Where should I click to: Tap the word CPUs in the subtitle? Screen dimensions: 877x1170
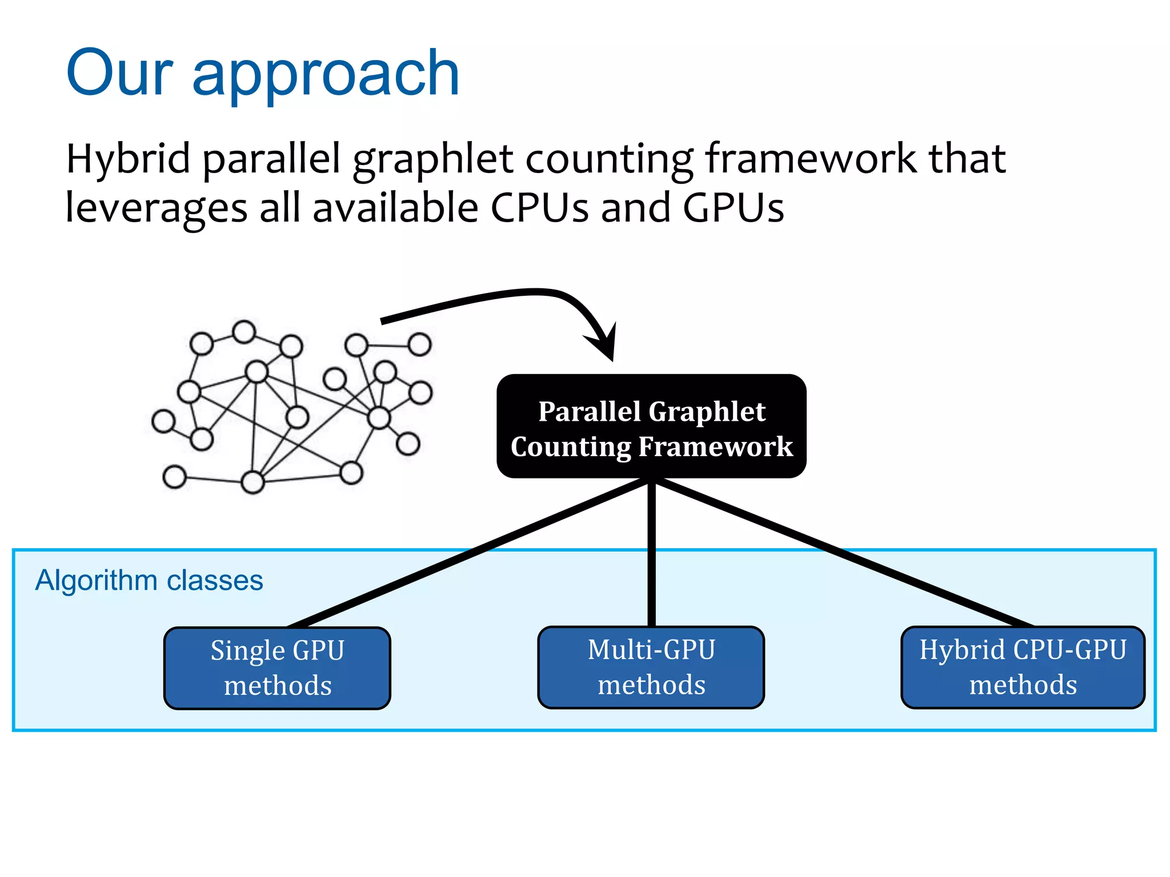tap(539, 208)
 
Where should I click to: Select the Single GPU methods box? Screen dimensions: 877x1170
tap(277, 668)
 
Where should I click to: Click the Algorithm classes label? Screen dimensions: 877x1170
tap(149, 581)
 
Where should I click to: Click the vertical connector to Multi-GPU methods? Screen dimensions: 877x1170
tap(651, 554)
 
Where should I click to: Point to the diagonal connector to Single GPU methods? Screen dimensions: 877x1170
tap(468, 554)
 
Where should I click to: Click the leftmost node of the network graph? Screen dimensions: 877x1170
tap(163, 421)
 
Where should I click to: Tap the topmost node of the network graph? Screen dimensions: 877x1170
tap(245, 332)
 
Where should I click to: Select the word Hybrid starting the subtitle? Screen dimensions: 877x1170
tap(128, 160)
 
